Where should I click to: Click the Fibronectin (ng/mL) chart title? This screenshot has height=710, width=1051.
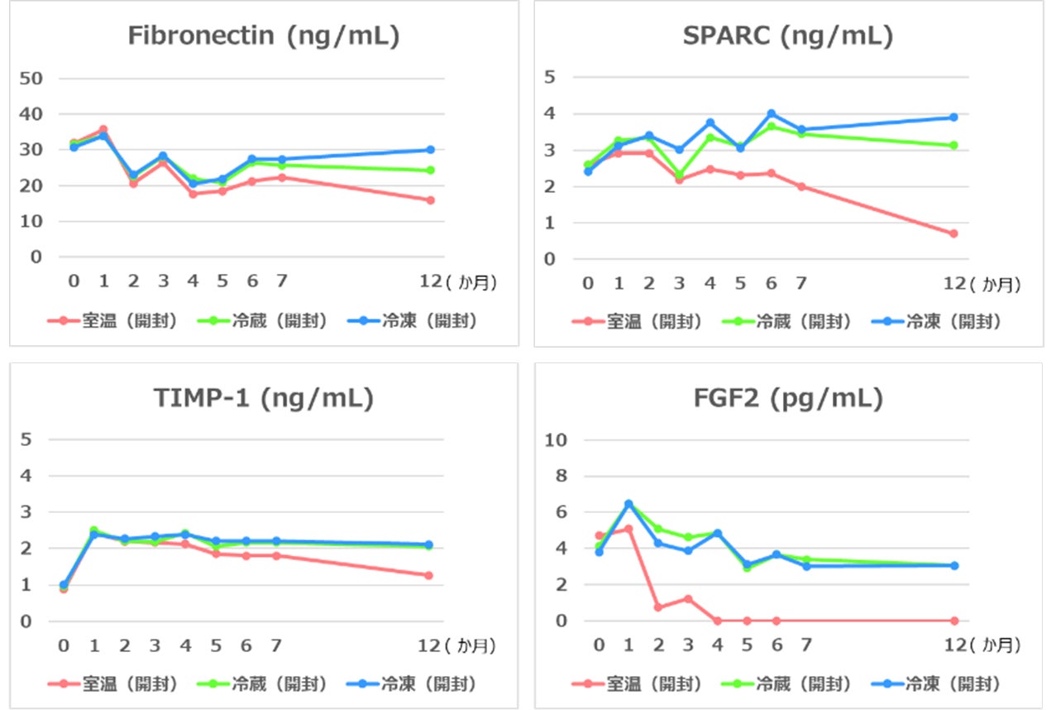click(x=264, y=36)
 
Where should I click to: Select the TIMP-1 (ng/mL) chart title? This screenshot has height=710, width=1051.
click(x=264, y=399)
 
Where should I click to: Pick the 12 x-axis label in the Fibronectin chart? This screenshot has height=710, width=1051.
click(x=429, y=281)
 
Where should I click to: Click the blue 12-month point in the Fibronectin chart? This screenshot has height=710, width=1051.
click(x=430, y=150)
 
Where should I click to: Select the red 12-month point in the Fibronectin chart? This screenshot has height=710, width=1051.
click(x=430, y=200)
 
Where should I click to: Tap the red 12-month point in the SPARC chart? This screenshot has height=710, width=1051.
click(x=953, y=233)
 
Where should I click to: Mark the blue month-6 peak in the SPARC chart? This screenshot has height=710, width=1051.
click(x=771, y=113)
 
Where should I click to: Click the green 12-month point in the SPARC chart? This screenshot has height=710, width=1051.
click(x=953, y=145)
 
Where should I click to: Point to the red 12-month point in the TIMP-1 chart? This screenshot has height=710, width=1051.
click(x=428, y=575)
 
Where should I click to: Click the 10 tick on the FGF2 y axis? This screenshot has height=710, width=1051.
click(x=555, y=439)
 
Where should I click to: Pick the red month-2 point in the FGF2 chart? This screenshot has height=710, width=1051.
click(x=657, y=607)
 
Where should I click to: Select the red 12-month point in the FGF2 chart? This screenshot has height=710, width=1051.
click(x=953, y=621)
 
